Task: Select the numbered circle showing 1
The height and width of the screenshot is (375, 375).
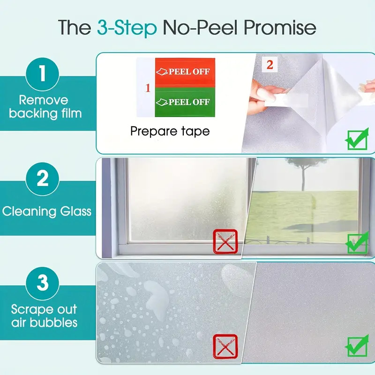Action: coord(43,74)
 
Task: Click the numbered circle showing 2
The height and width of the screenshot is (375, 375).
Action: coord(43,179)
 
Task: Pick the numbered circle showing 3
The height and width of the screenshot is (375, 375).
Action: coord(43,284)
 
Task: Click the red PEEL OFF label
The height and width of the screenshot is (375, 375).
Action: coord(185,72)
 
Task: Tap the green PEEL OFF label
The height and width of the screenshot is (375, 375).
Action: coord(185,102)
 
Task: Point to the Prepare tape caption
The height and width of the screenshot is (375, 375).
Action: coord(170,131)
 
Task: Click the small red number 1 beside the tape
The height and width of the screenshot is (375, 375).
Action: coord(148,88)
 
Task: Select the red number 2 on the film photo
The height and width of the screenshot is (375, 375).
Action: coord(270,65)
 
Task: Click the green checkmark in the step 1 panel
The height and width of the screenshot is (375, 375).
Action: coord(357,139)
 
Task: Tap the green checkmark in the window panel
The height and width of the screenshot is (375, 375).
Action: coord(357,242)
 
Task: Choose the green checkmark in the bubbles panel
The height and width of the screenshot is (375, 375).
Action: coord(357,345)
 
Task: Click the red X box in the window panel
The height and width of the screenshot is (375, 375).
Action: coord(225,241)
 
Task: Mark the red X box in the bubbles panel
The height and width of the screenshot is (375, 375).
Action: coord(225,346)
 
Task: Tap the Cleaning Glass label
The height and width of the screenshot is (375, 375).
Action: coord(47,211)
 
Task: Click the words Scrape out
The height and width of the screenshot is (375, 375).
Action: coord(44,309)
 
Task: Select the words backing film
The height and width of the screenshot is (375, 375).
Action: coord(45,113)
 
